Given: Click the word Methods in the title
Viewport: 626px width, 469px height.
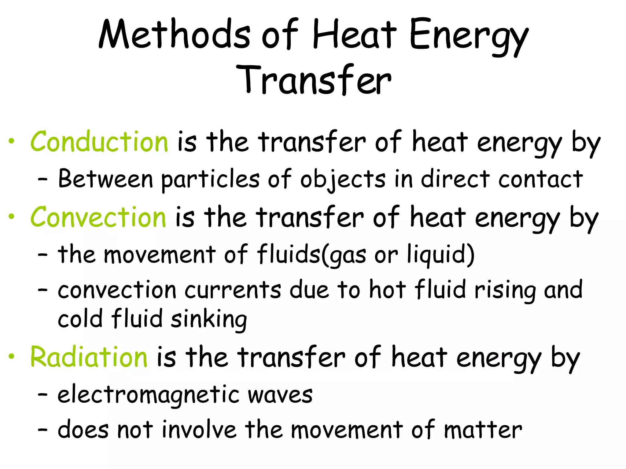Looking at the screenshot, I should (174, 34).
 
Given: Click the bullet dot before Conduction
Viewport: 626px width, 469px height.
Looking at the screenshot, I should (12, 141).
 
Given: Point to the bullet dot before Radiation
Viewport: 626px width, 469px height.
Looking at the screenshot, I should (12, 357).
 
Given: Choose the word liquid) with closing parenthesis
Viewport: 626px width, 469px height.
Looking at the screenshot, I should (440, 255).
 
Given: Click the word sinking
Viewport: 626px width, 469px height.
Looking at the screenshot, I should (209, 319).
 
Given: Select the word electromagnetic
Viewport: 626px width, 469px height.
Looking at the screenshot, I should (149, 395).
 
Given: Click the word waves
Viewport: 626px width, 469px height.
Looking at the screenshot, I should (280, 395).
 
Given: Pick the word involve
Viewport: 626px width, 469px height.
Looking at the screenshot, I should (199, 430).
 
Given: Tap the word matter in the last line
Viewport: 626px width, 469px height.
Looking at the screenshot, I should (483, 430).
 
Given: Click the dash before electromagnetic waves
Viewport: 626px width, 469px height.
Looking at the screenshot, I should (42, 394).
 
